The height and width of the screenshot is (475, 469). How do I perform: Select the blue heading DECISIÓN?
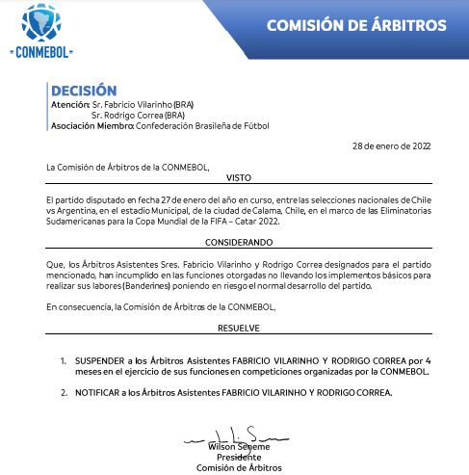tap(84, 91)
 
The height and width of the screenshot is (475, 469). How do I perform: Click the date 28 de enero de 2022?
tap(392, 145)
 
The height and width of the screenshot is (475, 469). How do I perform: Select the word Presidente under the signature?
tap(239, 457)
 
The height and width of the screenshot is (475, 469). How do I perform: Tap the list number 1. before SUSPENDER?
tap(64, 358)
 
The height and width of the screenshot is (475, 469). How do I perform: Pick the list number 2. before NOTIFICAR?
tap(64, 392)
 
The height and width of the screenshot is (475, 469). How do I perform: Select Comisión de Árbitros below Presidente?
tap(239, 467)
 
